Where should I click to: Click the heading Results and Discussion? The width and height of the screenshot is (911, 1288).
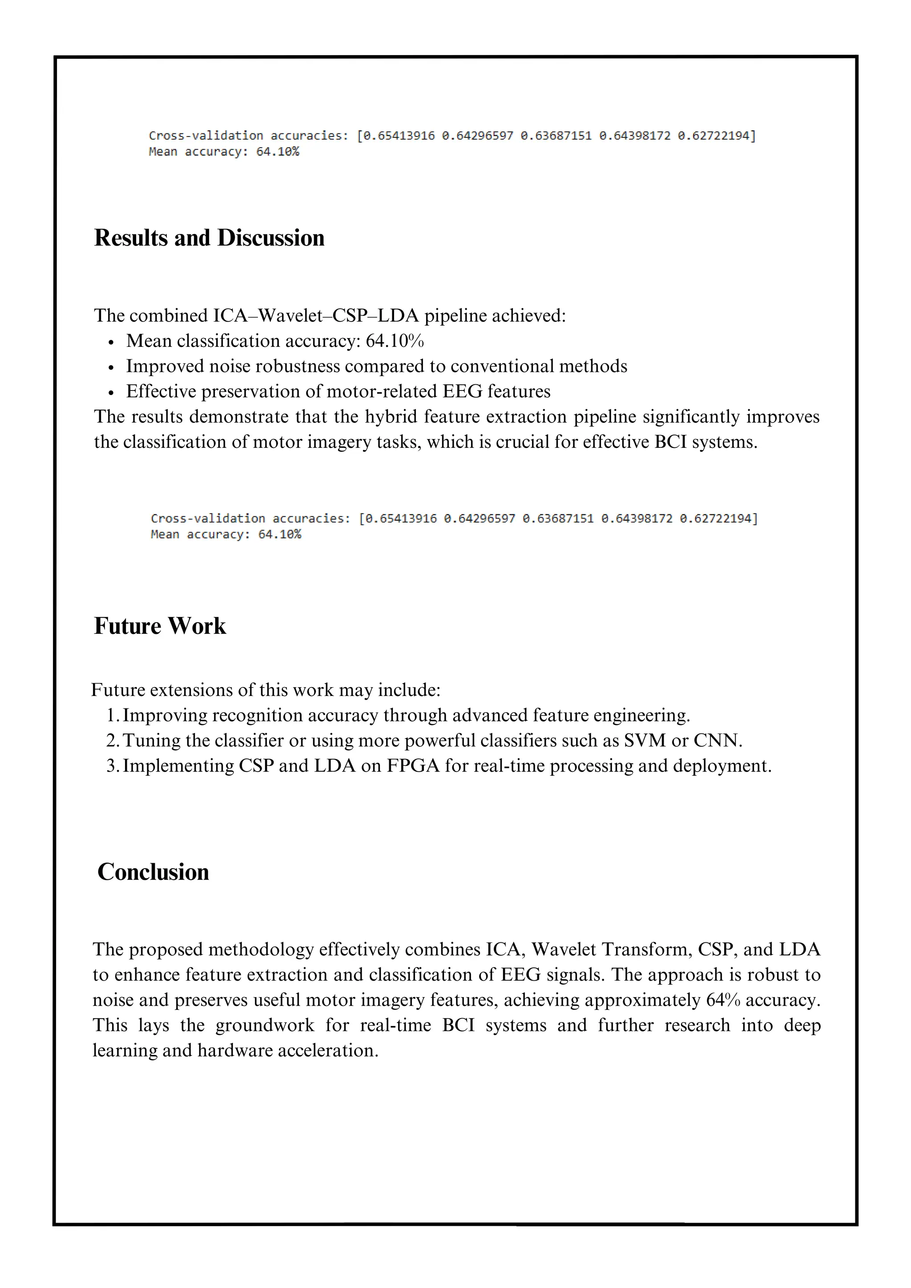[x=209, y=238]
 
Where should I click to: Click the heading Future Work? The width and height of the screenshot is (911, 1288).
[x=160, y=626]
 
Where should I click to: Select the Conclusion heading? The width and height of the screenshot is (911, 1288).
[x=153, y=872]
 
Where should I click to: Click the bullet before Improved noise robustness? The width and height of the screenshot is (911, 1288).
[x=112, y=367]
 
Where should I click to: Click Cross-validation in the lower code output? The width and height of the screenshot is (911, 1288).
[x=208, y=518]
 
